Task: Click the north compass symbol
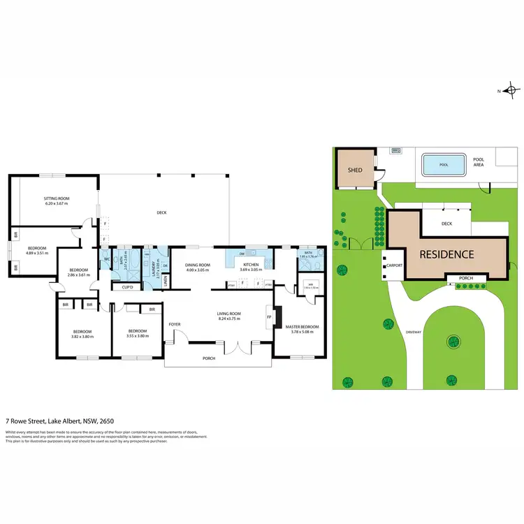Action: (x=512, y=90)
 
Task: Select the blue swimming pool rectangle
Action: (x=444, y=166)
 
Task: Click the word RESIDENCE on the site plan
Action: (x=446, y=255)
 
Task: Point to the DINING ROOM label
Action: (x=198, y=265)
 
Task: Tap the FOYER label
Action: (x=175, y=324)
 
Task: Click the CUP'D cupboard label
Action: (x=128, y=287)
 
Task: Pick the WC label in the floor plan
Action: (x=107, y=259)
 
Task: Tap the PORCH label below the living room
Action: (x=209, y=358)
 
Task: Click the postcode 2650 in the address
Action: (x=107, y=421)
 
